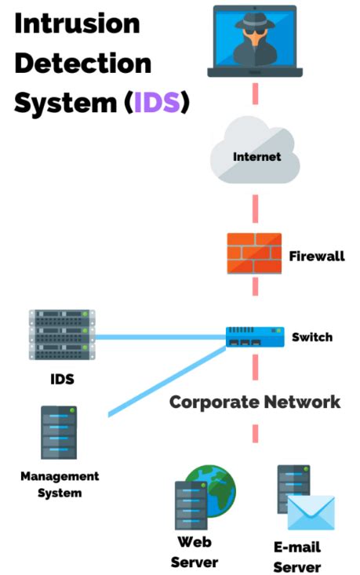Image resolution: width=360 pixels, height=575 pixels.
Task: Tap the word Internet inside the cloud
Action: coord(256,157)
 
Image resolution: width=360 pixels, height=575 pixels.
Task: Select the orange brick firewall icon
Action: coord(254,255)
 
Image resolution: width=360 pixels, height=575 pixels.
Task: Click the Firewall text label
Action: coord(316,256)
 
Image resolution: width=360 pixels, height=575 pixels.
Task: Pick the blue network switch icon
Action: coord(254,337)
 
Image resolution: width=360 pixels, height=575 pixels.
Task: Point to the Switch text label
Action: coord(311,337)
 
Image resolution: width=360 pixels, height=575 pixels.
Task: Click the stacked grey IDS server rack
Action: coord(62,336)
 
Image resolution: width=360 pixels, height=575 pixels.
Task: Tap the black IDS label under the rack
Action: coord(62,380)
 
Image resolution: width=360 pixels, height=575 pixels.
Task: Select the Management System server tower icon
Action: coord(59,432)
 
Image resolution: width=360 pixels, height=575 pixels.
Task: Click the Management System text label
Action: coord(60,484)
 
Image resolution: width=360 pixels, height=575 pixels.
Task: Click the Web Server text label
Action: coord(194,551)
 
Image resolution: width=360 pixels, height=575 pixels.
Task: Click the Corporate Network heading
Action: coord(255,402)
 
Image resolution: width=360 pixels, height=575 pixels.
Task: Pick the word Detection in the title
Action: coord(83,64)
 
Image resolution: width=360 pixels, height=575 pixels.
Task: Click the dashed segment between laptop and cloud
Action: coord(255,93)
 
